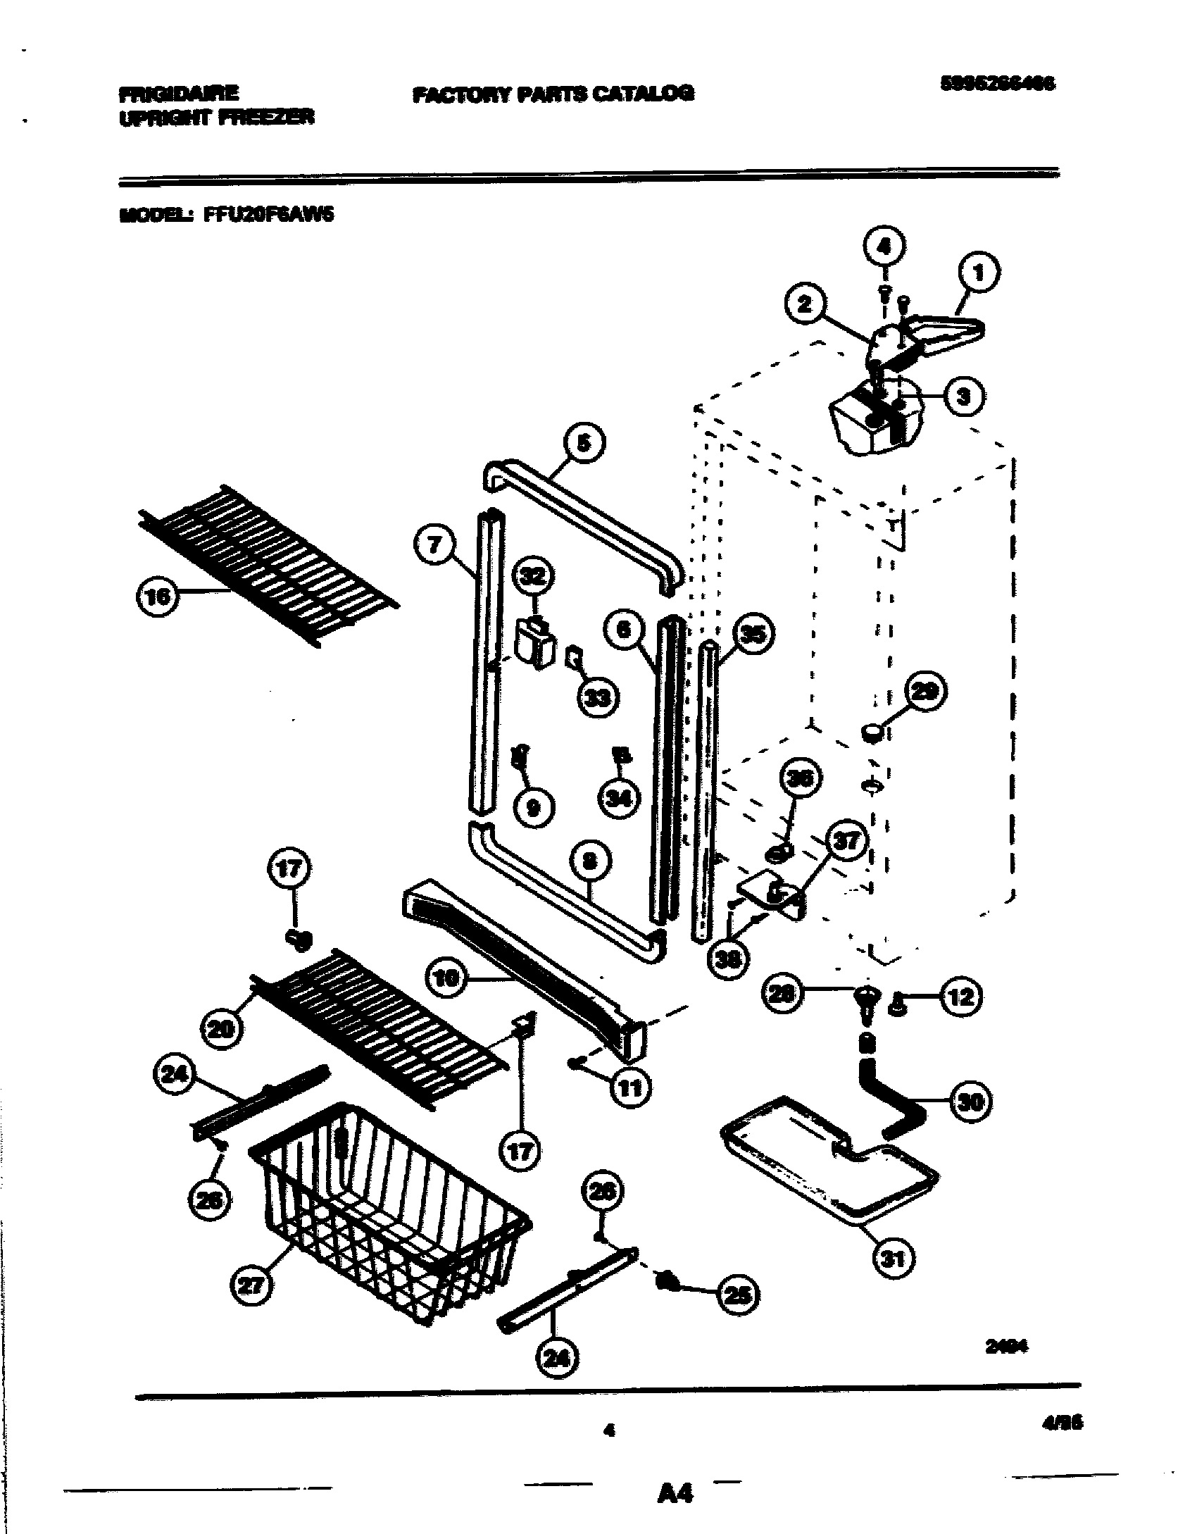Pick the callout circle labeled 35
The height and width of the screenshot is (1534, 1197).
[x=752, y=635]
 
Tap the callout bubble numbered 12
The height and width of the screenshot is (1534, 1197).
[x=961, y=996]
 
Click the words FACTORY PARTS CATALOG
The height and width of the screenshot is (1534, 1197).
[x=553, y=94]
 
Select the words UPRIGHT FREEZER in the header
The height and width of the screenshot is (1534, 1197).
[x=216, y=118]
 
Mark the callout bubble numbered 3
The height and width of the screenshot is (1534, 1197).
[x=963, y=397]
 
